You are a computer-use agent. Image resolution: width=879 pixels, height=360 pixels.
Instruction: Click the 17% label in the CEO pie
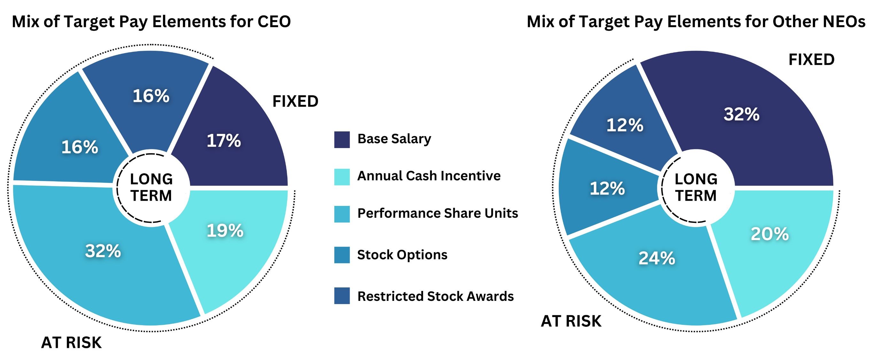[x=224, y=141]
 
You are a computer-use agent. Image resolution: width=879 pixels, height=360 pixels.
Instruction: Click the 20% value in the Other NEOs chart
[x=769, y=234]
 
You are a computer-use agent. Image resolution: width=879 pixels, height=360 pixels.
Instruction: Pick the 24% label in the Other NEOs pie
[x=657, y=258]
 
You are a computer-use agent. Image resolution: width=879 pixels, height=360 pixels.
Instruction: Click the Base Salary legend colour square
[x=342, y=140]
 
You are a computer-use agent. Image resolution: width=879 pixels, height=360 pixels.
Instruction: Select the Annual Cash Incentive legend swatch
[x=342, y=177]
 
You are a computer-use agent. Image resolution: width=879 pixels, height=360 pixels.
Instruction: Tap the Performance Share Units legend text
[x=438, y=213]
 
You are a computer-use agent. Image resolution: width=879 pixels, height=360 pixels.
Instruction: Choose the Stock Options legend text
[x=402, y=255]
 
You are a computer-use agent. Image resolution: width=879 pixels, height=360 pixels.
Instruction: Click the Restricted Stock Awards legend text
[x=435, y=296]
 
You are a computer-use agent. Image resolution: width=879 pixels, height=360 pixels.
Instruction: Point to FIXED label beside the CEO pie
[x=295, y=101]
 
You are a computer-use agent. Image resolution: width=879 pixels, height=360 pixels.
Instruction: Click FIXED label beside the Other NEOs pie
[x=811, y=60]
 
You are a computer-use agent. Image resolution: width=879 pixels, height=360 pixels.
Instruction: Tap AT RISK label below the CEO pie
[x=71, y=342]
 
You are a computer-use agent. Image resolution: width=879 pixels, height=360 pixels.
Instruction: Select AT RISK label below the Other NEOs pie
[x=571, y=321]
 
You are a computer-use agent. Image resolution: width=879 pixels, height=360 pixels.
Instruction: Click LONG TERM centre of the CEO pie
[x=151, y=187]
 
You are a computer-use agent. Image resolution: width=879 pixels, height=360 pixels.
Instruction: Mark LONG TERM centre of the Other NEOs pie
[x=696, y=187]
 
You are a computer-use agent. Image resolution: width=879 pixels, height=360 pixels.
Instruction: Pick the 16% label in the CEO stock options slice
[x=80, y=147]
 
